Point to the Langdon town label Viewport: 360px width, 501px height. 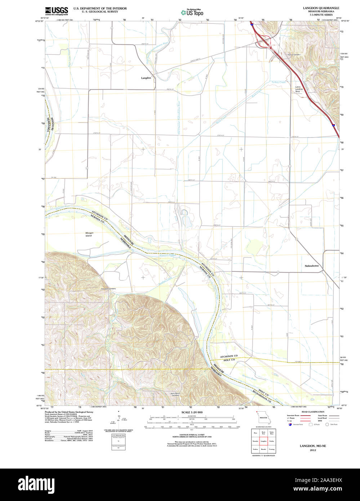pyautogui.click(x=146, y=78)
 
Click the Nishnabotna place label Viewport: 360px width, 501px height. pyautogui.click(x=314, y=266)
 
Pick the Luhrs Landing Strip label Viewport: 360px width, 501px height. pyautogui.click(x=297, y=89)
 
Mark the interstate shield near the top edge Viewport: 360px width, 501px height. pyautogui.click(x=252, y=25)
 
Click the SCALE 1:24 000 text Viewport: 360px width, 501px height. pyautogui.click(x=192, y=412)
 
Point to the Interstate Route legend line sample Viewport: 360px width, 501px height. pyautogui.click(x=306, y=415)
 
